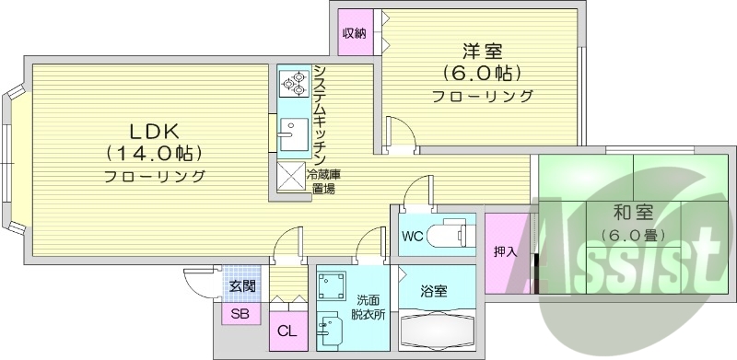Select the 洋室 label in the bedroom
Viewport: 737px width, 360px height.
point(482,51)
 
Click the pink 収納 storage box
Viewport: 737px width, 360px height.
point(355,34)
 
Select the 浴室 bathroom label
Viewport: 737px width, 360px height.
point(434,291)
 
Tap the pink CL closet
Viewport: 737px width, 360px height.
point(287,331)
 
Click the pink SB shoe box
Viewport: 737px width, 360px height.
point(240,314)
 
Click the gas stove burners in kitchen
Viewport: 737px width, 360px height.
point(295,85)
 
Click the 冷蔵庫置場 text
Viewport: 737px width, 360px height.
point(324,180)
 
